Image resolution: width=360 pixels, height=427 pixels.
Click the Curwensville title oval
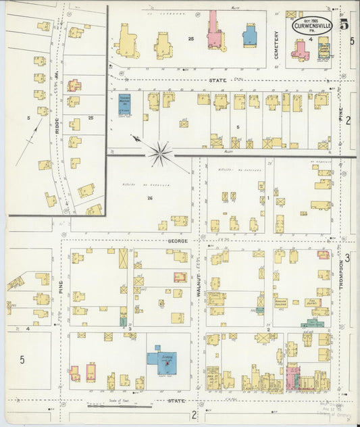pos(312,26)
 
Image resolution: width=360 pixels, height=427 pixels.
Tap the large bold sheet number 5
pos(344,26)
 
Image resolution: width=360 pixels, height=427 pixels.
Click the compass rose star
pos(161,153)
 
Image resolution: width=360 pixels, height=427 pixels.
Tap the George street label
pos(175,240)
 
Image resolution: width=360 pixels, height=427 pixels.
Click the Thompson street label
pos(341,271)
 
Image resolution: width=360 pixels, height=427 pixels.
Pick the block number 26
pos(150,198)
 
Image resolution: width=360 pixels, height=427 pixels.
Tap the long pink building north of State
pos(215,32)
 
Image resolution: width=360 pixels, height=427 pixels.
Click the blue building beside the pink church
pos(249,35)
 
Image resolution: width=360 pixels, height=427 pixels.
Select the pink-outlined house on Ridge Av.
pos(74,86)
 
